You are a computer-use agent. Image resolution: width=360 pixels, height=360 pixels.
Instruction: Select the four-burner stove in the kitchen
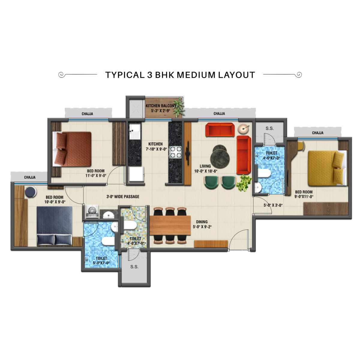tap(175, 152)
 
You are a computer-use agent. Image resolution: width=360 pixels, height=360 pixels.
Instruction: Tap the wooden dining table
tap(170, 225)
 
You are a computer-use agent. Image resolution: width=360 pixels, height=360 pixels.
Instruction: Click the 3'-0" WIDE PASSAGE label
tap(123, 197)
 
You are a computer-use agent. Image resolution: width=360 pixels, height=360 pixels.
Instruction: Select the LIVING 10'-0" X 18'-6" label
tap(205, 169)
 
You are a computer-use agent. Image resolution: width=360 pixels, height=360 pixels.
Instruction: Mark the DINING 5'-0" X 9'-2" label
tap(202, 224)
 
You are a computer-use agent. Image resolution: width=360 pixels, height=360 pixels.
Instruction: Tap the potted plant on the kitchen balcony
tap(179, 107)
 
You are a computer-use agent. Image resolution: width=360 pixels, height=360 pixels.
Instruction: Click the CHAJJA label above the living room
tap(219, 114)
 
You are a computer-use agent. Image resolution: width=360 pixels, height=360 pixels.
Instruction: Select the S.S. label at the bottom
tap(134, 267)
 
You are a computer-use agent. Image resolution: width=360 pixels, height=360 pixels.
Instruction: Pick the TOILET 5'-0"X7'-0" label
tap(101, 261)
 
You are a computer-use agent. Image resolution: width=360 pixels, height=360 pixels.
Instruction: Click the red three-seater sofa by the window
tap(220, 130)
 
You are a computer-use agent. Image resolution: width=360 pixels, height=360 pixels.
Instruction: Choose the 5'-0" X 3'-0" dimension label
tap(273, 205)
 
